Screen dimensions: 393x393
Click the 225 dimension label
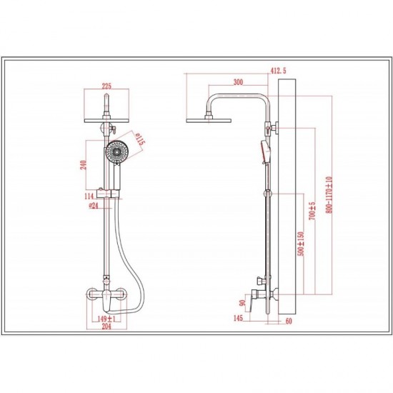106,86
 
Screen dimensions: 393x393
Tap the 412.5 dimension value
278,71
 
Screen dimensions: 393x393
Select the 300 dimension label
238,82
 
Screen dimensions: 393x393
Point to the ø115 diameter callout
139,139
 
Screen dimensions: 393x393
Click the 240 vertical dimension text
84,165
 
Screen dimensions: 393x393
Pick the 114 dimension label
89,196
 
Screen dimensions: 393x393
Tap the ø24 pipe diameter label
94,206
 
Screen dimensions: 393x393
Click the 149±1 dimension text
106,319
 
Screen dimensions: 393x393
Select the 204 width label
106,326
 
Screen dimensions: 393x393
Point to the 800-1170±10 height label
329,195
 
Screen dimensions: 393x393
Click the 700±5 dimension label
312,211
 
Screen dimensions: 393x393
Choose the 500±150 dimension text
301,244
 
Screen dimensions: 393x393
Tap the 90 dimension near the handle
242,303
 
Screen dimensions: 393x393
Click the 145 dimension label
238,318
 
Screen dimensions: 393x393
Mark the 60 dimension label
289,321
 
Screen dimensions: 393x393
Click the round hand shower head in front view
116,151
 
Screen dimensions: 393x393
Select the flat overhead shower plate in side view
209,121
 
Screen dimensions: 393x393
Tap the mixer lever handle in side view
253,302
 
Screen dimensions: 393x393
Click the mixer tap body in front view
106,297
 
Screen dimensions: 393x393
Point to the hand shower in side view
267,151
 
